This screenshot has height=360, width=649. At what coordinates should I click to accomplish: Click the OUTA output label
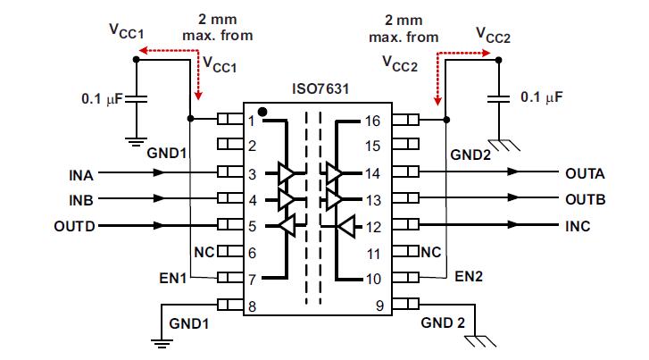point(585,172)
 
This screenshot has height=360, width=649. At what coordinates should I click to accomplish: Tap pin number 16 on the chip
point(373,121)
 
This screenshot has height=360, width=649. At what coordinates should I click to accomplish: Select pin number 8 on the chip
point(252,306)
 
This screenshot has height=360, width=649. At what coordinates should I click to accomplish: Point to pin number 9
point(379,306)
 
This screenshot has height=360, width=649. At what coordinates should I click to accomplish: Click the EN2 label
point(468,277)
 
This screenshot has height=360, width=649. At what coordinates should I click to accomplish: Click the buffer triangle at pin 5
point(287,226)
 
